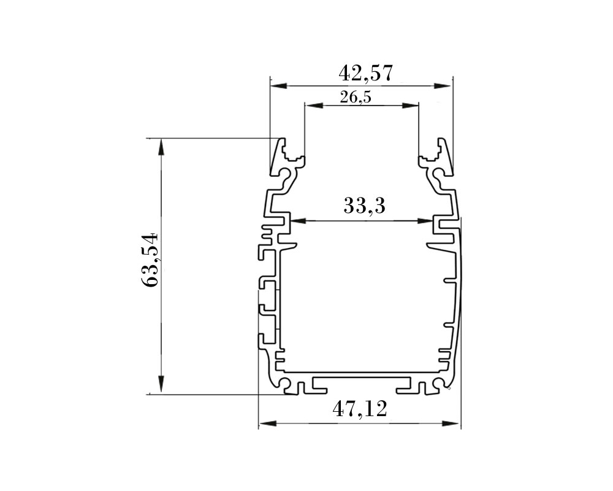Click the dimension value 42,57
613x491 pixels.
365,73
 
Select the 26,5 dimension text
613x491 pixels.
356,97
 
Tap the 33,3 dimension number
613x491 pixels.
364,206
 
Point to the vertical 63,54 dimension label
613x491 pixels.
150,260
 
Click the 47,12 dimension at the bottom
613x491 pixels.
360,409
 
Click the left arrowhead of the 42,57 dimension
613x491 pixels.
279,85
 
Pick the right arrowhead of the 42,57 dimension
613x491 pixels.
443,85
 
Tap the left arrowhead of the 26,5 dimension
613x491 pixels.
314,105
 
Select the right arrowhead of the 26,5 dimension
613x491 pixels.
410,105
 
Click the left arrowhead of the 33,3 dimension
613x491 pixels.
298,221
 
